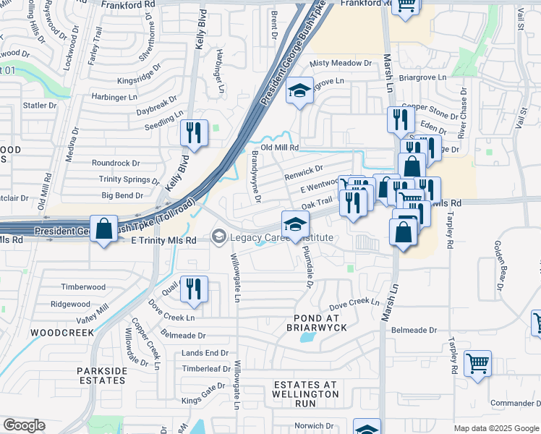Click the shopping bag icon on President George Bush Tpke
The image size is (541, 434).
click(104, 229)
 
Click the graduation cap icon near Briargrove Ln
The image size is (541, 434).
click(299, 91)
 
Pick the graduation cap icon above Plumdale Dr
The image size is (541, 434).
click(295, 224)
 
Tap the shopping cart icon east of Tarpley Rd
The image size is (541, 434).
click(477, 363)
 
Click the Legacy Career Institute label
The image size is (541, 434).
click(281, 238)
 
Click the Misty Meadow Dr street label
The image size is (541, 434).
click(340, 64)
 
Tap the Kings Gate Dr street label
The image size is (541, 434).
click(203, 400)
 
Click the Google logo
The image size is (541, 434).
click(24, 425)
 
